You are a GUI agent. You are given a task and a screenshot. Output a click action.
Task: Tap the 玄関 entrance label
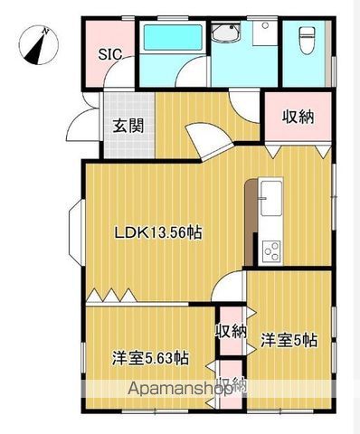point(128,126)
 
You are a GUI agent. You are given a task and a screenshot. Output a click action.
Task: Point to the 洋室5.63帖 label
point(150,356)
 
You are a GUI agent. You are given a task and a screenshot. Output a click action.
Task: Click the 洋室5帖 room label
point(289,341)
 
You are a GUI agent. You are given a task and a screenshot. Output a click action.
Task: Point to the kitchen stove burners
point(270,249)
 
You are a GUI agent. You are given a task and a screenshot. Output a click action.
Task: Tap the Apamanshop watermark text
point(181,391)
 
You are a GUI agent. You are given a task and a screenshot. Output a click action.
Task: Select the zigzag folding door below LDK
point(113,296)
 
